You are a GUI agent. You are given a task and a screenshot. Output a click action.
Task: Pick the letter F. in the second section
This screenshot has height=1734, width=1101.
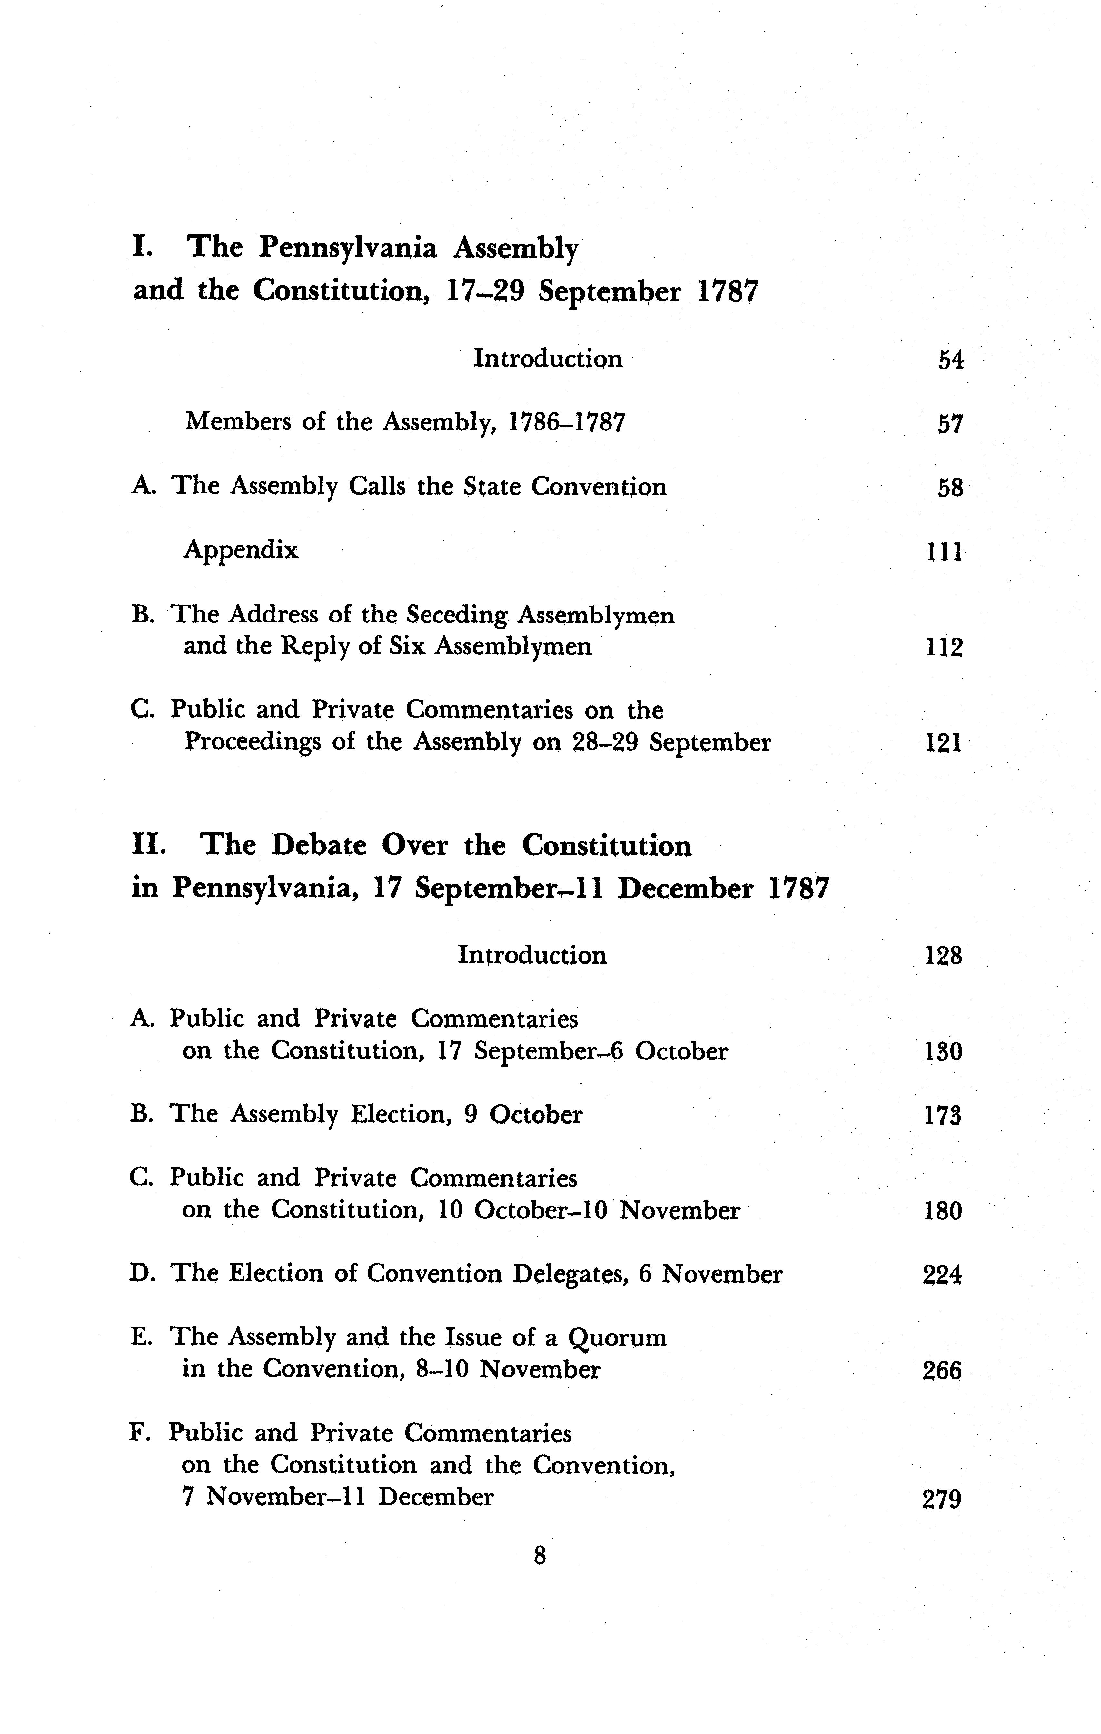141,1434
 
